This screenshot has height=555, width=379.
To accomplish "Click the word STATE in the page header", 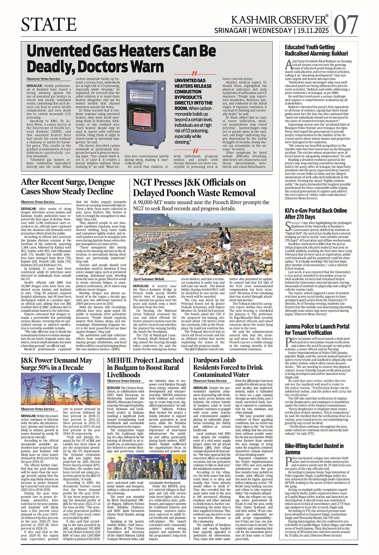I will click(x=49, y=25).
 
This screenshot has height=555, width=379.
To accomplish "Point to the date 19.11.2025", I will click(x=314, y=31).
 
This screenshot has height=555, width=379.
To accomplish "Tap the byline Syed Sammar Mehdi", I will click(x=149, y=279).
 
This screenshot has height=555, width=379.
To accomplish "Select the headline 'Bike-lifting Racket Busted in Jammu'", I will click(x=314, y=449).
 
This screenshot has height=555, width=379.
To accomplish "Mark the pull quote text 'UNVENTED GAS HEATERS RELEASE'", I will click(x=193, y=83).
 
